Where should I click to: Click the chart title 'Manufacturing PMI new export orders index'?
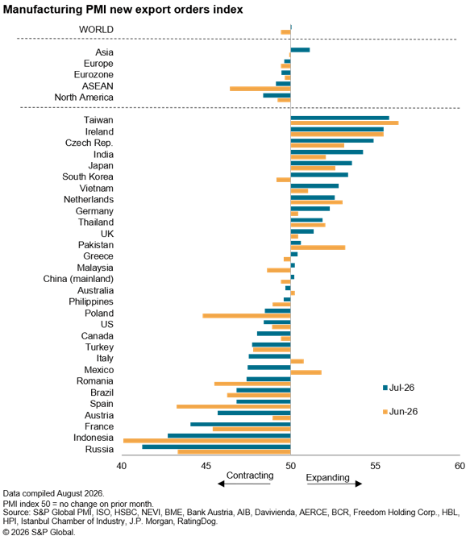(x=123, y=10)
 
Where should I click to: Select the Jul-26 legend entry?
(x=398, y=388)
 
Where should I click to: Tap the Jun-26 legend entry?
(x=400, y=411)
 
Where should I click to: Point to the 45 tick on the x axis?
(x=206, y=466)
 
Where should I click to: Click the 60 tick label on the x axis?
(x=460, y=466)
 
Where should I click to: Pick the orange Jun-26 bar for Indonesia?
(x=206, y=441)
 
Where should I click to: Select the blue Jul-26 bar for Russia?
(x=216, y=447)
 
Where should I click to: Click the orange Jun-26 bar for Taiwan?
(x=344, y=123)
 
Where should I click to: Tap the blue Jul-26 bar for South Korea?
(x=319, y=175)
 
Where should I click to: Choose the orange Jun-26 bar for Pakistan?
(x=318, y=247)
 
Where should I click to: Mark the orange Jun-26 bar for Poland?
(x=247, y=315)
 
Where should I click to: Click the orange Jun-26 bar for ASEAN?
(x=260, y=89)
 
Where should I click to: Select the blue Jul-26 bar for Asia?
(x=300, y=50)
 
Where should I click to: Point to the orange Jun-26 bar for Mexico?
(x=306, y=372)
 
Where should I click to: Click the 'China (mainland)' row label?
(x=78, y=279)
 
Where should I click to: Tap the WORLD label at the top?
(x=96, y=30)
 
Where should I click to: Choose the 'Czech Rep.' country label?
(x=89, y=143)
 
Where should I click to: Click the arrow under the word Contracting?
(x=244, y=484)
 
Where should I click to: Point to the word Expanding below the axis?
(x=327, y=478)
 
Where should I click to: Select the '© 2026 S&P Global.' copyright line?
(x=39, y=532)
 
